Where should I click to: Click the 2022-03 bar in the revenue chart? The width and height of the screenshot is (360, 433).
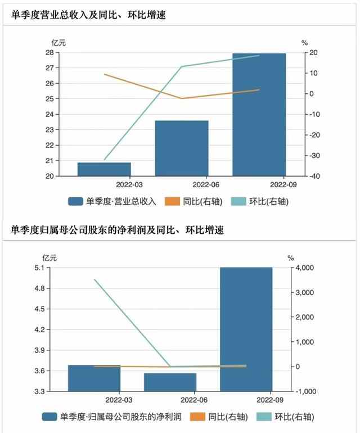tap(104, 169)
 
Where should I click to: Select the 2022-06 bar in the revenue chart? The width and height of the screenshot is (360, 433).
tap(182, 148)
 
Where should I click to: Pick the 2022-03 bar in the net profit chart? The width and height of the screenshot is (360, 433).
tap(94, 378)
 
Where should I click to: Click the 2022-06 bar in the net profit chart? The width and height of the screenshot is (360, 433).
tap(170, 382)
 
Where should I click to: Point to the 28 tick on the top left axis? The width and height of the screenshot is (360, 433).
tap(49, 53)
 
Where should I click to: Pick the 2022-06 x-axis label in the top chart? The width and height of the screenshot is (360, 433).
tap(206, 184)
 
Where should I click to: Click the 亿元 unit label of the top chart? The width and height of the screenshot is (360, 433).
tap(58, 42)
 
